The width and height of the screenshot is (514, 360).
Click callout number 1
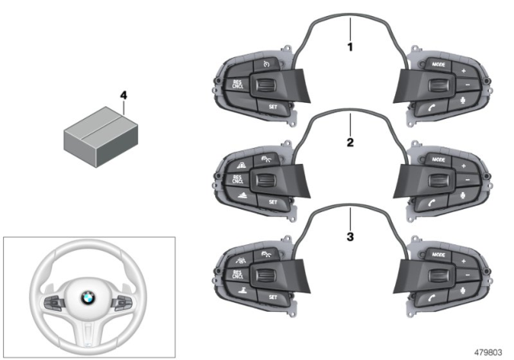(349, 47)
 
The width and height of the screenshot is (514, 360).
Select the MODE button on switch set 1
(438, 63)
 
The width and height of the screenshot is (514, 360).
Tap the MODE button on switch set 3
(438, 254)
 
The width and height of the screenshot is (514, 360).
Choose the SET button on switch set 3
(272, 297)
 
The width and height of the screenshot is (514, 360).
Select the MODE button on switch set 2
(438, 159)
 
